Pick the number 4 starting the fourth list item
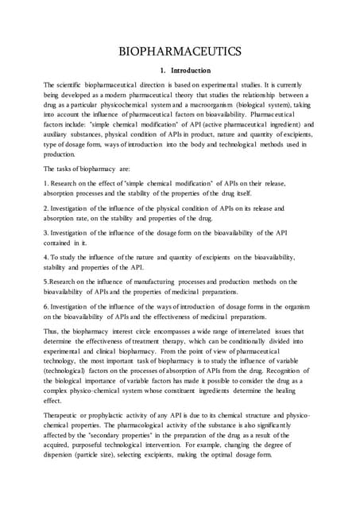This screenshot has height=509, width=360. (45, 279)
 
